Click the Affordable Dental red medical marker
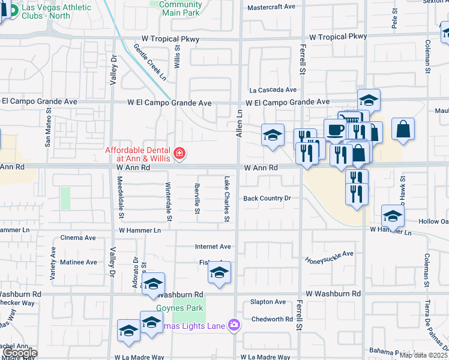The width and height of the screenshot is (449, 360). tap(178, 155)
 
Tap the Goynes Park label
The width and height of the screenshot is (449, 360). tap(180, 308)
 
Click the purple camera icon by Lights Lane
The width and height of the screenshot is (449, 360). tap(234, 326)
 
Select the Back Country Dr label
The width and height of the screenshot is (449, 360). tap(267, 199)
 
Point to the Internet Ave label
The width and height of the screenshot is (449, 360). tap(212, 247)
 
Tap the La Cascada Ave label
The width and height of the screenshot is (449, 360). tap(273, 90)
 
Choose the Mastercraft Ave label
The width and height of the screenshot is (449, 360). tap(271, 7)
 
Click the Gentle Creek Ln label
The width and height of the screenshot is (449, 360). tap(150, 62)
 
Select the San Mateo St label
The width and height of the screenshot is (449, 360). tap(48, 131)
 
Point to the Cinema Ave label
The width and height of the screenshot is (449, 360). tap(78, 238)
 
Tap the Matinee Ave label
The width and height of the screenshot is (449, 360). tap(79, 262)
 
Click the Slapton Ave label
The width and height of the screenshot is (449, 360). tap(268, 302)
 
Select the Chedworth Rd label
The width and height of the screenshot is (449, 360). tap(272, 319)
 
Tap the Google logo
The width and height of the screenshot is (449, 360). tap(19, 353)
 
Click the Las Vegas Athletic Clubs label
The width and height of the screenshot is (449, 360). tap(56, 11)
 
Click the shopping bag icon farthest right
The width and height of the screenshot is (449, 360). tap(403, 129)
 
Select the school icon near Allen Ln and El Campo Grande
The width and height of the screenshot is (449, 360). tap(273, 135)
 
